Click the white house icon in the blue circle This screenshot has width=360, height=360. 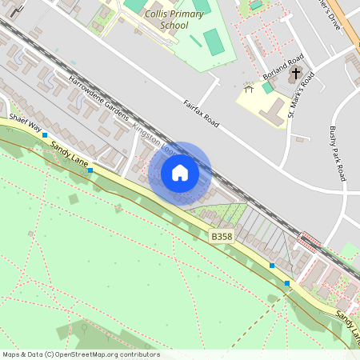[x=180, y=173]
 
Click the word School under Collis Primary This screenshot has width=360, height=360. [x=174, y=25]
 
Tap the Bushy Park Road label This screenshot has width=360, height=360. [x=337, y=153]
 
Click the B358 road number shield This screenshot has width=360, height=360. [x=222, y=237]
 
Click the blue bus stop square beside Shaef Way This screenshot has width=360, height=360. [x=45, y=135]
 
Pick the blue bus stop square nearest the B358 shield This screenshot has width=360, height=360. [x=272, y=265]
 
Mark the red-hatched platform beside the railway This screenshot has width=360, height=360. [x=308, y=239]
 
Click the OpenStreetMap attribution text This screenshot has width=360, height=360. [x=81, y=354]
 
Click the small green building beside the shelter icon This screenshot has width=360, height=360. [x=267, y=87]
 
